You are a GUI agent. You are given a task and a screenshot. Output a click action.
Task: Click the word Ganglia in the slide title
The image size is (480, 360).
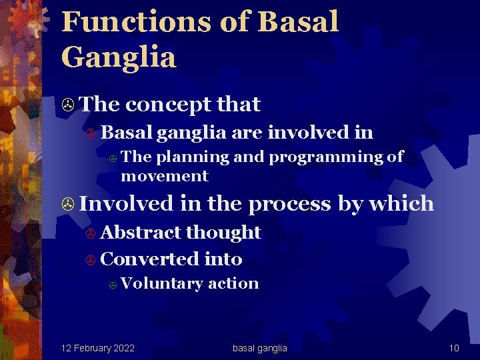119,57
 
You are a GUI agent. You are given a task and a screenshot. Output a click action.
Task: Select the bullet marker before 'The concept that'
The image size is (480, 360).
67,105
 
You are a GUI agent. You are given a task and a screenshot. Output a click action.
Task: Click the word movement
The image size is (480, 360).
164,176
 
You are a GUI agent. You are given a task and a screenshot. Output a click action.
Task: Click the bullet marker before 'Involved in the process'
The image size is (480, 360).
67,204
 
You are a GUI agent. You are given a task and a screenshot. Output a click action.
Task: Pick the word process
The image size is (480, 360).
289,203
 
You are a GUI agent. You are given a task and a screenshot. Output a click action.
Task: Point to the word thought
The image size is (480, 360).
223,232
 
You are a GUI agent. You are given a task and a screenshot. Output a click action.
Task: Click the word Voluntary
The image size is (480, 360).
162,283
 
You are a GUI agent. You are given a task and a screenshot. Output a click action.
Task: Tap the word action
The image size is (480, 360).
233,283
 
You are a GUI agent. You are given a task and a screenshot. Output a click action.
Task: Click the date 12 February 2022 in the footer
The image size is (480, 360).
97,348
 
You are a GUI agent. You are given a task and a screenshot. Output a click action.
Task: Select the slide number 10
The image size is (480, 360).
454,348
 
